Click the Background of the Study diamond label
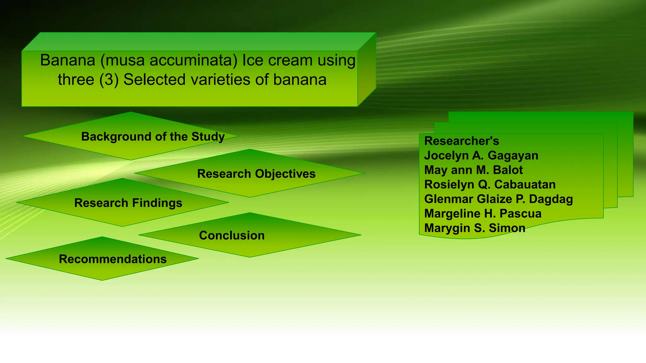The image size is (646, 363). click(153, 137)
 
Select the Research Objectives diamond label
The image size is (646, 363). click(256, 174)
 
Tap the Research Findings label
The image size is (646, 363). click(128, 203)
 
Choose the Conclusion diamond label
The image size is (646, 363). click(232, 236)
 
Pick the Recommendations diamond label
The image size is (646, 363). click(113, 259)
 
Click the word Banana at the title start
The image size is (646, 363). click(68, 60)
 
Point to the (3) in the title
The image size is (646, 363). click(109, 80)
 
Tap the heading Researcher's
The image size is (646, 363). click(461, 141)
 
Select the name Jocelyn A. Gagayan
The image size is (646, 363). click(481, 155)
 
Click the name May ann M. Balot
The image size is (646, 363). click(473, 170)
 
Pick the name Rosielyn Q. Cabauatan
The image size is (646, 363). click(490, 184)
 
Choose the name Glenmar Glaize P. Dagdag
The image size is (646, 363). click(498, 199)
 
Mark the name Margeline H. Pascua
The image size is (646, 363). click(483, 214)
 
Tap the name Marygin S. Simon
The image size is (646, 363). click(474, 228)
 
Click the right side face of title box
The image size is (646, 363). click(367, 69)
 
